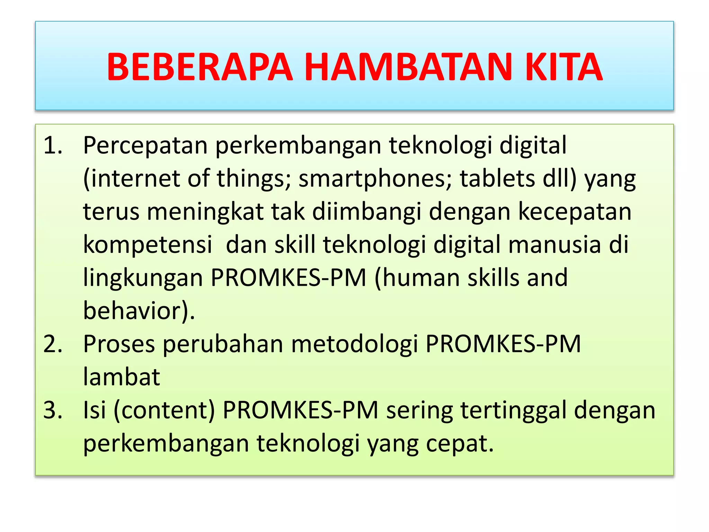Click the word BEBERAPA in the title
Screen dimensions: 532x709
(200, 67)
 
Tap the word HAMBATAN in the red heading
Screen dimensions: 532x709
(408, 67)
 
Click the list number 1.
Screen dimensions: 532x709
(53, 145)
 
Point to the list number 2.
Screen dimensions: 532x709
(53, 344)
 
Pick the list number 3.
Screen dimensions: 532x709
(53, 410)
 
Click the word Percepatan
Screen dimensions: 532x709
(145, 145)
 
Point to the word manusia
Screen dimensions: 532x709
(554, 245)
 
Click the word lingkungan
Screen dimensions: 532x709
(143, 278)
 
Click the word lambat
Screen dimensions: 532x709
(122, 377)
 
